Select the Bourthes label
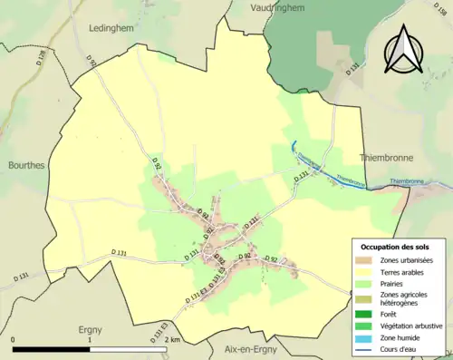(x=27, y=166)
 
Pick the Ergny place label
(x=90, y=330)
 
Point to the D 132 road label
(x=352, y=68)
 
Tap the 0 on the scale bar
(x=14, y=339)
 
